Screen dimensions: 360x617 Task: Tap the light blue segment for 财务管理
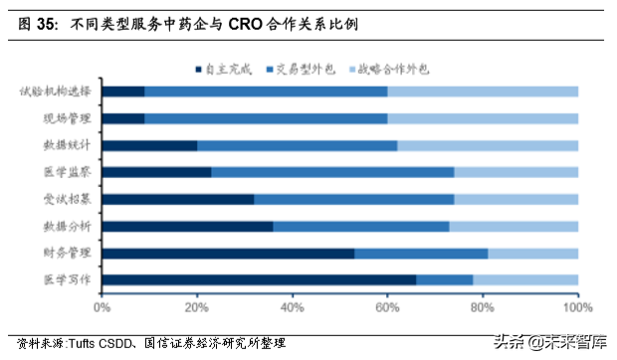(x=532, y=253)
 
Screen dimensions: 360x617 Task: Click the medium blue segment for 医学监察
(x=332, y=172)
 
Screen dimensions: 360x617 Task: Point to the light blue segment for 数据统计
(x=488, y=145)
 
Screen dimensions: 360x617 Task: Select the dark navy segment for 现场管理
(x=123, y=118)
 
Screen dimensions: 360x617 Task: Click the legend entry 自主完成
(x=223, y=69)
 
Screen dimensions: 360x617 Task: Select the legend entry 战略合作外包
(x=408, y=69)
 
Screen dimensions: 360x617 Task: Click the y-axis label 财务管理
(x=67, y=253)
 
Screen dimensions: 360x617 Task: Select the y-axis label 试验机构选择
(x=55, y=91)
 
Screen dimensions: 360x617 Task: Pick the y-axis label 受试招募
(x=67, y=199)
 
